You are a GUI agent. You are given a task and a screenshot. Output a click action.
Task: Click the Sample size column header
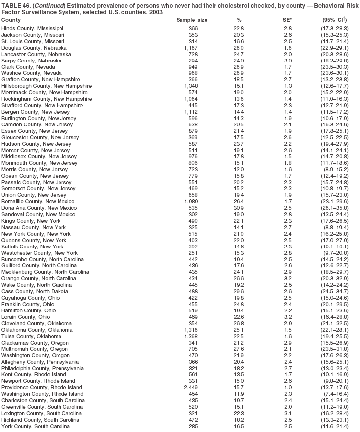[x=192, y=20]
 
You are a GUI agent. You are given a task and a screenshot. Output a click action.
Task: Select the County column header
[x=11, y=20]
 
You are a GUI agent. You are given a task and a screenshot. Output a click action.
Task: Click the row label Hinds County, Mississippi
[x=32, y=29]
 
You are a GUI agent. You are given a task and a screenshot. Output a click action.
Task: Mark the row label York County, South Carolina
[x=35, y=426]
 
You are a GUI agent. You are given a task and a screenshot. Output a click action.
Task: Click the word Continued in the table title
[x=46, y=5]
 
